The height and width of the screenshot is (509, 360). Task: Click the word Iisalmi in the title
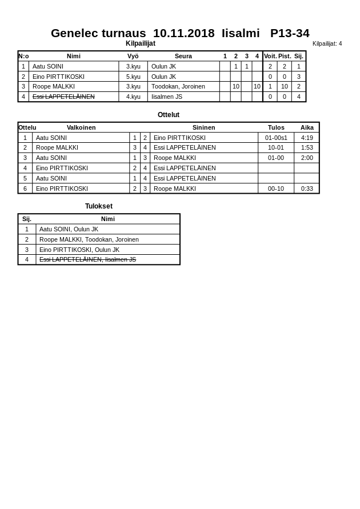241,33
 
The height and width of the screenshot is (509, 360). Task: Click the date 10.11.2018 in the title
183,33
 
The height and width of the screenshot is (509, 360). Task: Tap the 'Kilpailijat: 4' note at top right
327,43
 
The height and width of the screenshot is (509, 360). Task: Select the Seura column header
183,56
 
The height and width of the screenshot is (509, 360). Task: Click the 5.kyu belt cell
133,77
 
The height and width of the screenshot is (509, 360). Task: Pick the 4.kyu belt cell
133,97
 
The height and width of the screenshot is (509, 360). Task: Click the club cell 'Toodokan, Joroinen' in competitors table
178,86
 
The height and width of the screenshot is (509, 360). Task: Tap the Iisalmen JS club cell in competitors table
167,97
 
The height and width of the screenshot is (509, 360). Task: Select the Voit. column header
270,56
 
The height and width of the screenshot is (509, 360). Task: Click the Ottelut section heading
169,115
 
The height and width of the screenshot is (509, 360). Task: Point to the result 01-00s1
276,138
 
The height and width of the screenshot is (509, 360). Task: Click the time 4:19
307,138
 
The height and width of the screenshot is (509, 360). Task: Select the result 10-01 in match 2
276,147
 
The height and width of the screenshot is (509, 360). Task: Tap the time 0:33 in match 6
307,189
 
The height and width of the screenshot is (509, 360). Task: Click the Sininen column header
203,127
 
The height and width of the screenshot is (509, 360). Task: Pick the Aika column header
307,127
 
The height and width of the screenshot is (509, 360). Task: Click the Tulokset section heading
99,206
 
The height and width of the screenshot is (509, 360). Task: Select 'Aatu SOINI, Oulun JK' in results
69,229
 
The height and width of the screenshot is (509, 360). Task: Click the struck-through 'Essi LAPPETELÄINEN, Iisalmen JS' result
87,259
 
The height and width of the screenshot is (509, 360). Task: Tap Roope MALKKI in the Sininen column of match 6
174,189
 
